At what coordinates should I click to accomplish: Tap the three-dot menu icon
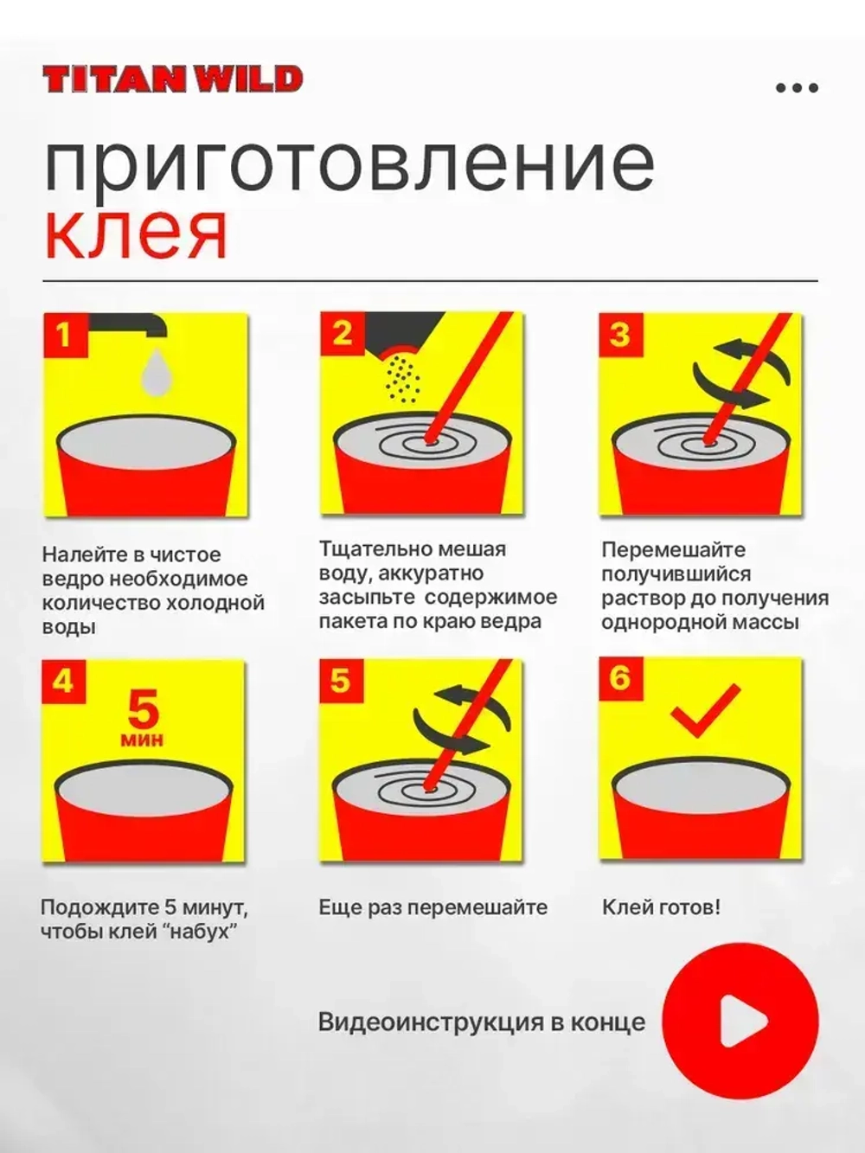click(x=798, y=88)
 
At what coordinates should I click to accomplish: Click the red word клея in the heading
click(x=136, y=234)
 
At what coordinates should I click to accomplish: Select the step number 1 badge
click(x=65, y=335)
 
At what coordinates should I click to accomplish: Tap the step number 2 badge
click(x=342, y=333)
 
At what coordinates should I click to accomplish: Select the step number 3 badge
click(x=621, y=334)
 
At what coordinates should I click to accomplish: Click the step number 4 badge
click(x=63, y=682)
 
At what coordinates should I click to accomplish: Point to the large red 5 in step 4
click(x=143, y=708)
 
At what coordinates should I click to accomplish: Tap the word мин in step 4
click(x=143, y=740)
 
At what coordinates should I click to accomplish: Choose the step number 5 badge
click(x=341, y=681)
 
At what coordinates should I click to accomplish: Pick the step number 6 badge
click(x=620, y=678)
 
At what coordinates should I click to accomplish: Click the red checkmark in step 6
click(x=707, y=709)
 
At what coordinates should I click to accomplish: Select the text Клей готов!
click(x=661, y=907)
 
